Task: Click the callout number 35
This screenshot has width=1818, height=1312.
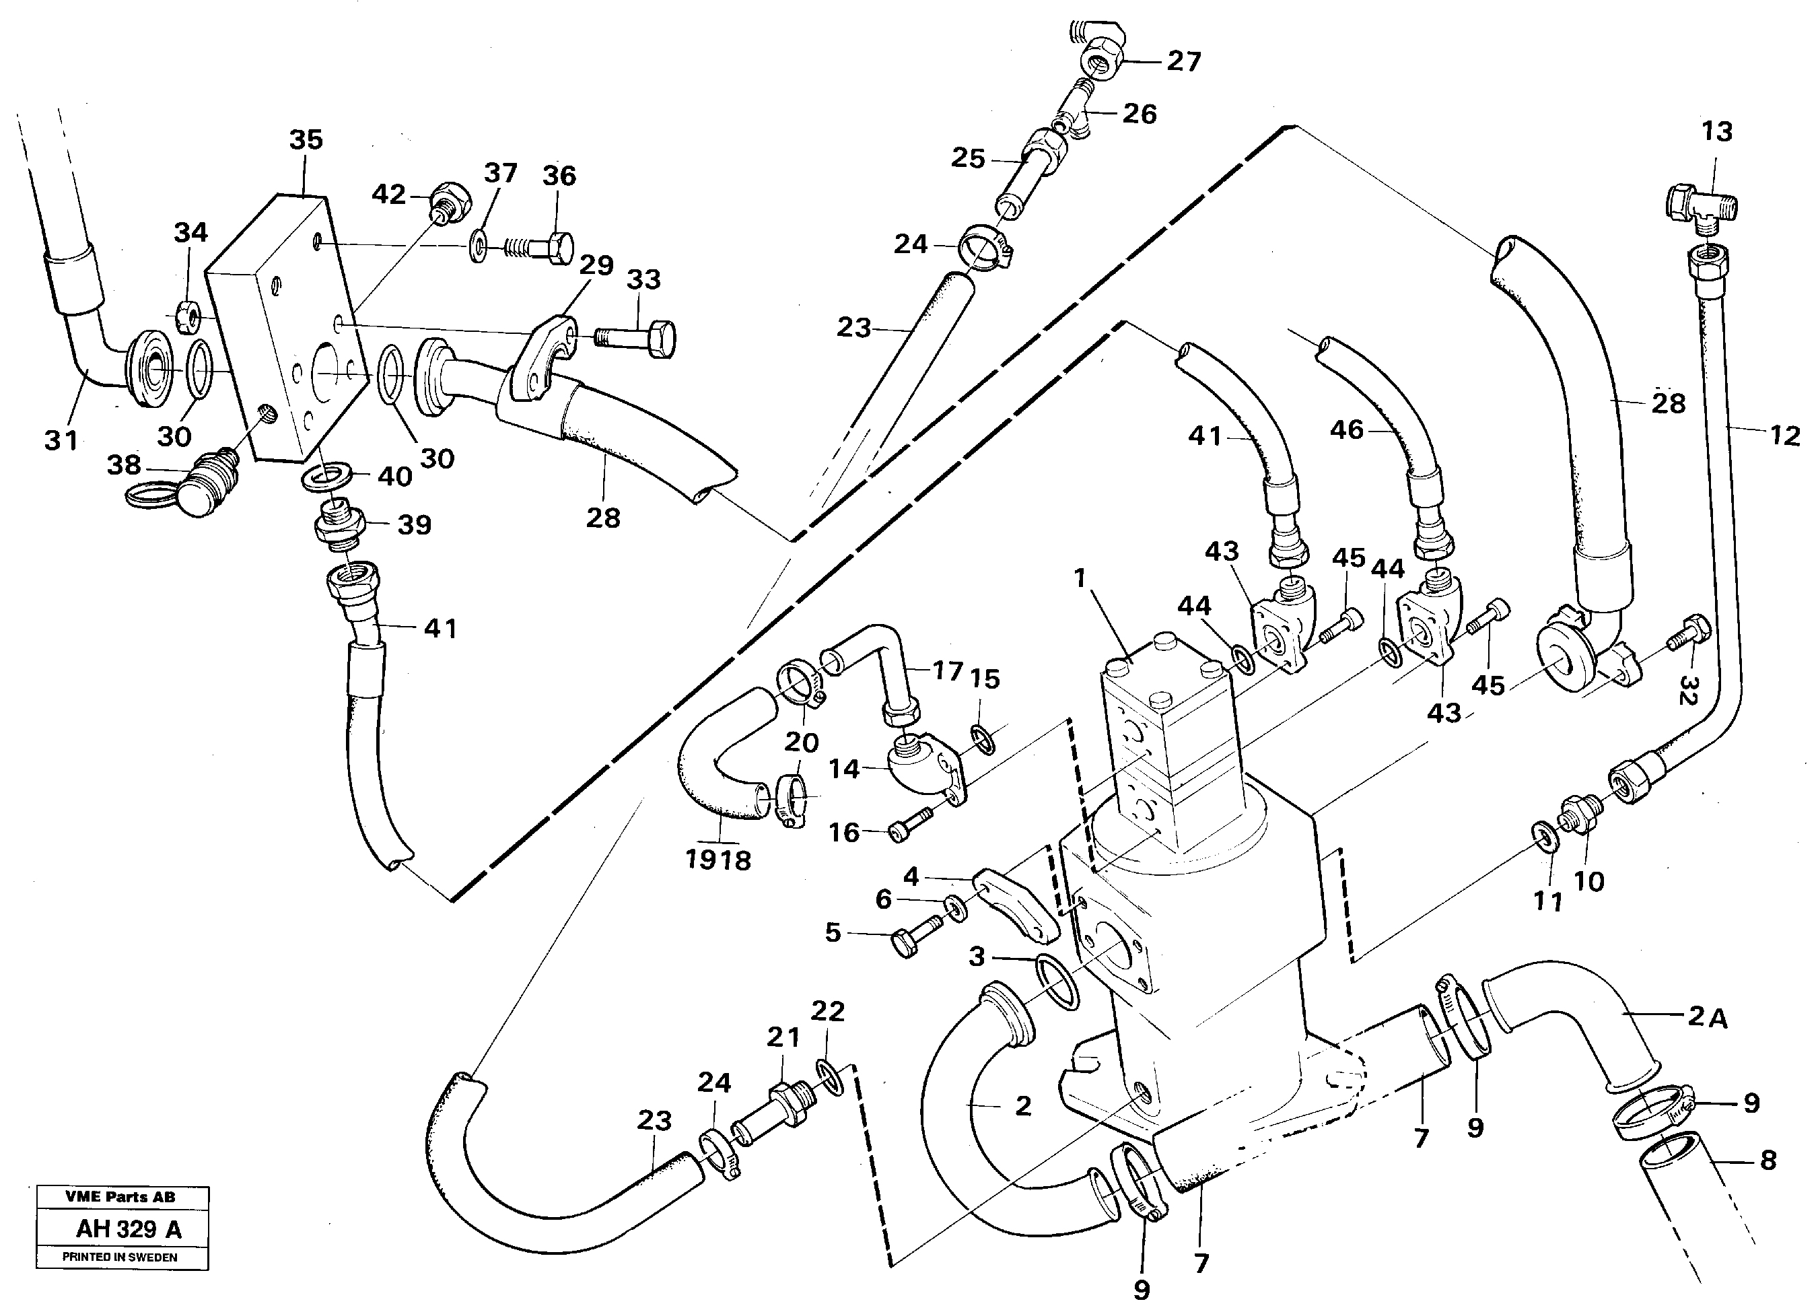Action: click(x=306, y=139)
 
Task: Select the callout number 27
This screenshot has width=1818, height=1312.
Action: click(x=1184, y=62)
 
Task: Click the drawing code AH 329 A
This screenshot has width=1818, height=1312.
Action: click(x=129, y=1229)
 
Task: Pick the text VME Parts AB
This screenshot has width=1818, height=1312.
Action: click(x=120, y=1197)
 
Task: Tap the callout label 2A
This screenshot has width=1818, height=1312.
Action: click(x=1708, y=1017)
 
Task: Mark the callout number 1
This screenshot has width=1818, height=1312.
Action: click(x=1080, y=578)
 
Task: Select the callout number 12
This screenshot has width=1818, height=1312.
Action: click(x=1784, y=435)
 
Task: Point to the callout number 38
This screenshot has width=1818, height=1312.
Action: click(x=123, y=465)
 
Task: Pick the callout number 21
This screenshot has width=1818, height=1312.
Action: click(x=783, y=1038)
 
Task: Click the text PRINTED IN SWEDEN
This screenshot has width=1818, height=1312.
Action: click(x=120, y=1257)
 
